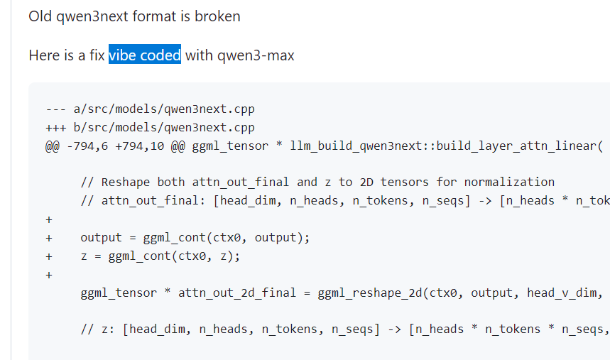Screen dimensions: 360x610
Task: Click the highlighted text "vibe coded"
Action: (x=145, y=55)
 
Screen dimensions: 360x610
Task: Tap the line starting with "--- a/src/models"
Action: (x=150, y=109)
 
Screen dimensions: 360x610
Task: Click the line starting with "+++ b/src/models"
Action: (x=150, y=128)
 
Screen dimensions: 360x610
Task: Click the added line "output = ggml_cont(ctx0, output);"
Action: (x=195, y=238)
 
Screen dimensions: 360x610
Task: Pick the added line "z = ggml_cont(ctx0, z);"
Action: (x=160, y=256)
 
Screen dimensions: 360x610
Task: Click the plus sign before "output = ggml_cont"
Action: (x=49, y=238)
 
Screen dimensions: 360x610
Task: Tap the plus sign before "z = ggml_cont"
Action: (x=49, y=256)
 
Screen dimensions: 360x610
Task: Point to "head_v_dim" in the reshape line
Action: (x=562, y=293)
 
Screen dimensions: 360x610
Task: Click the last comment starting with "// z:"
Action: (x=341, y=329)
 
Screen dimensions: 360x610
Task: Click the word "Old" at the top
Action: (x=40, y=16)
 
